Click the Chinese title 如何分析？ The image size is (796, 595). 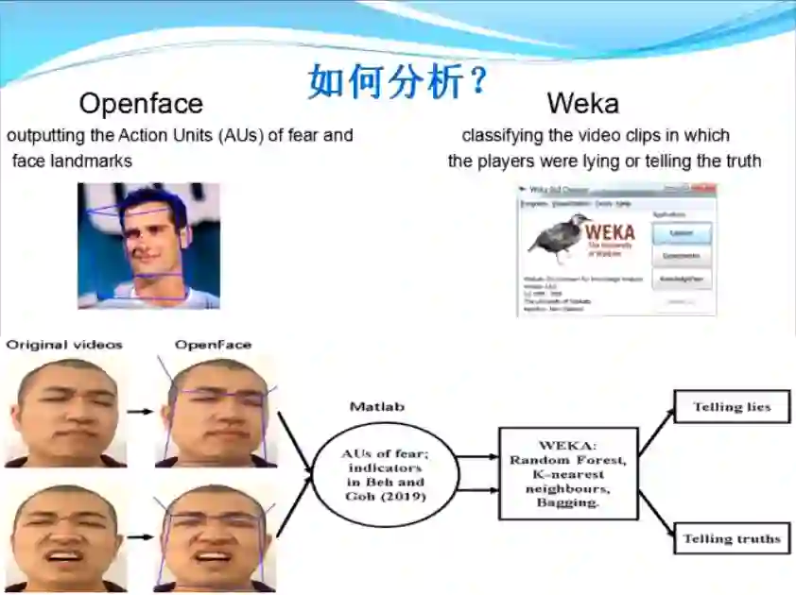(397, 81)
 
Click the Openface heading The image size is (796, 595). (141, 103)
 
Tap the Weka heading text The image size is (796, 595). (582, 103)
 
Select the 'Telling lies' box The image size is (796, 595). (731, 408)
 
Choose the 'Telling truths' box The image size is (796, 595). (732, 539)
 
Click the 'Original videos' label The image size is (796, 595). (64, 345)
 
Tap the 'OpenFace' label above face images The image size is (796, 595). (213, 345)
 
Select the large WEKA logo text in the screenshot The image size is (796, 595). (611, 231)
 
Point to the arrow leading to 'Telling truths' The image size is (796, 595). (656, 515)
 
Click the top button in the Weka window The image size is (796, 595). (681, 232)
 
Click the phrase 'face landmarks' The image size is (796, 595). (72, 161)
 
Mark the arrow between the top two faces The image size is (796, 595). (139, 412)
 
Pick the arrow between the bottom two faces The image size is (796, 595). (139, 537)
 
